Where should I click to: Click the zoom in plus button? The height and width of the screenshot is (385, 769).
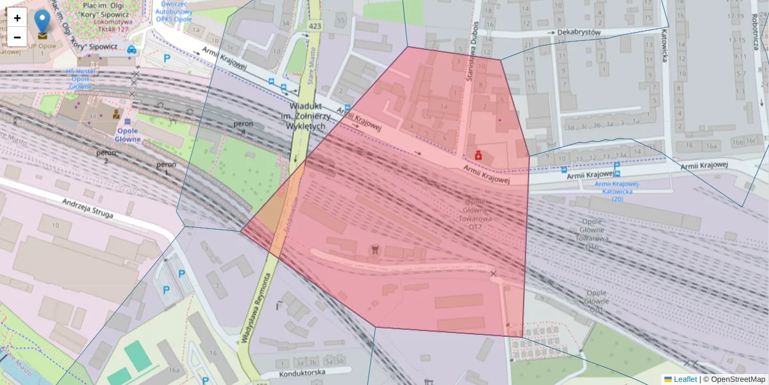point(17,18)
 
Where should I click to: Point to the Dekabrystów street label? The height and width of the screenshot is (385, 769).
point(578,31)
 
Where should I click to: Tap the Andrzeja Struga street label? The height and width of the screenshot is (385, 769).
point(88,209)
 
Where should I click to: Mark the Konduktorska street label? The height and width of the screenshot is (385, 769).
point(302,373)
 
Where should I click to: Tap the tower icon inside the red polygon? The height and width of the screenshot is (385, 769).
point(375,248)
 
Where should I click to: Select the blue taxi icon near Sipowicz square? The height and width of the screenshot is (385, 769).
point(131,49)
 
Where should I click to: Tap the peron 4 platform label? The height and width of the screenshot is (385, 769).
point(242,127)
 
